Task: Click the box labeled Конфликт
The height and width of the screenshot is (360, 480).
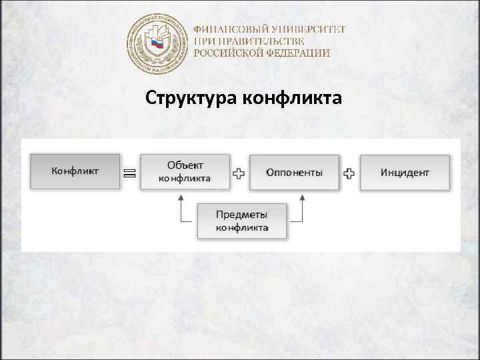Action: (x=75, y=172)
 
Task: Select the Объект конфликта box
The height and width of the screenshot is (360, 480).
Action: (x=185, y=172)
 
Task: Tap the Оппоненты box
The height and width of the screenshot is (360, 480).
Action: (x=294, y=172)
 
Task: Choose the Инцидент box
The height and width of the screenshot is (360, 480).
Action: (x=405, y=172)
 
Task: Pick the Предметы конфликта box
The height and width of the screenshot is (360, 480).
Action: (x=242, y=221)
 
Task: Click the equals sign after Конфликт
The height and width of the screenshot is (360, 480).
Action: (x=129, y=173)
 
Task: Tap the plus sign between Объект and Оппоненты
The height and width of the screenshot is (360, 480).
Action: (x=239, y=173)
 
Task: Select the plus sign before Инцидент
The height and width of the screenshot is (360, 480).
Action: (x=349, y=173)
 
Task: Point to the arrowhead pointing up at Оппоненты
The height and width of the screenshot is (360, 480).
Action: (x=303, y=197)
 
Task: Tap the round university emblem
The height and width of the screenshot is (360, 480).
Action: (x=157, y=43)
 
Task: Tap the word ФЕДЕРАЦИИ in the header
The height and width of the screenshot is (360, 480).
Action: (x=299, y=53)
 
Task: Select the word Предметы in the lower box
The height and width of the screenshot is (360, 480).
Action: (x=241, y=215)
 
